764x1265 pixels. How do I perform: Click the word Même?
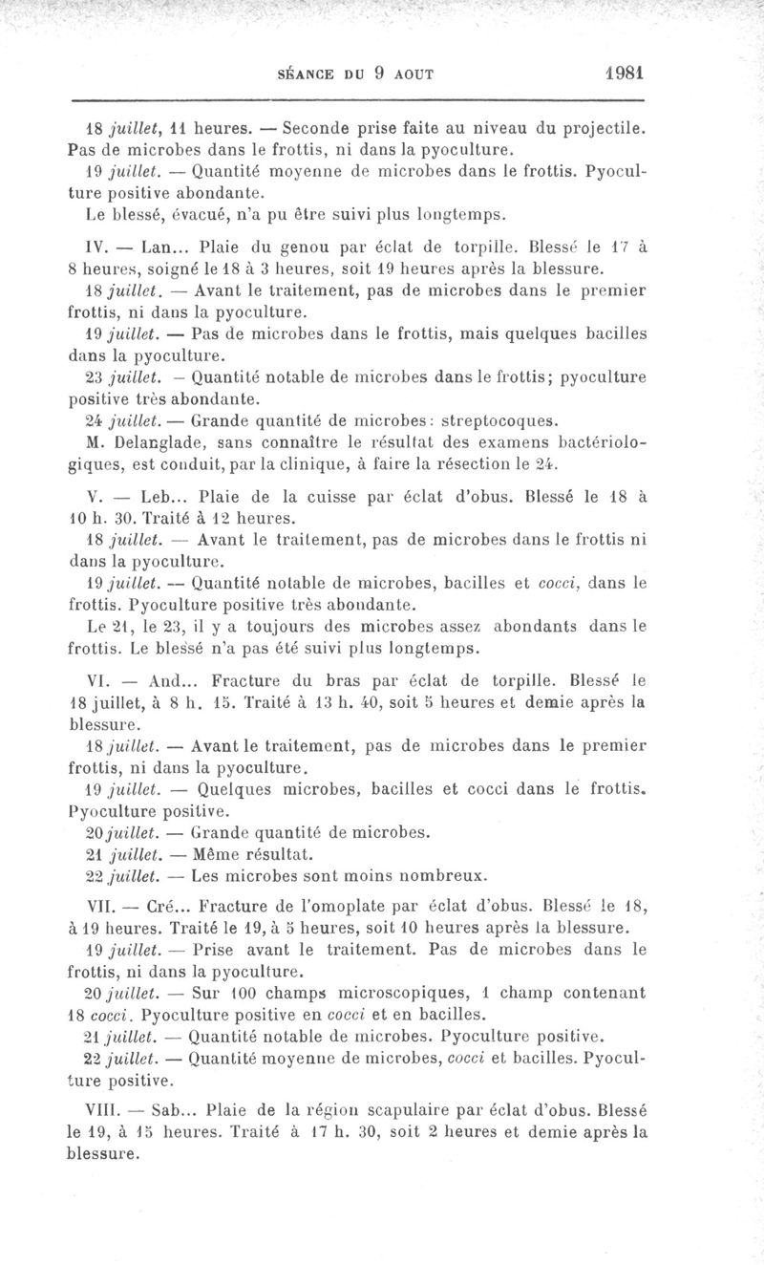click(x=218, y=853)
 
